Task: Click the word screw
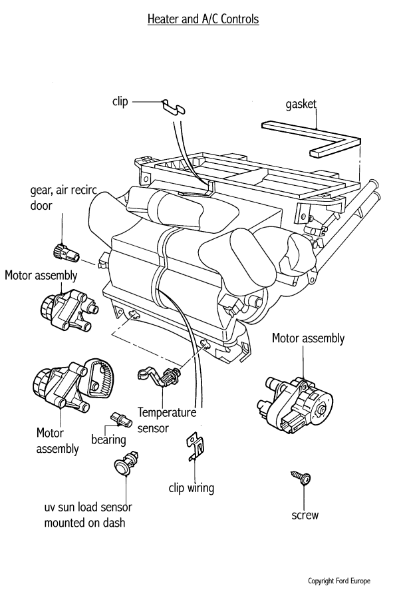305,515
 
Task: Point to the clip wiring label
192,488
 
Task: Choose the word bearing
109,440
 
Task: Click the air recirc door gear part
64,252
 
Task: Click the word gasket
301,104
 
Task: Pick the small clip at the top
174,105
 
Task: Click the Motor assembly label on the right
309,338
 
